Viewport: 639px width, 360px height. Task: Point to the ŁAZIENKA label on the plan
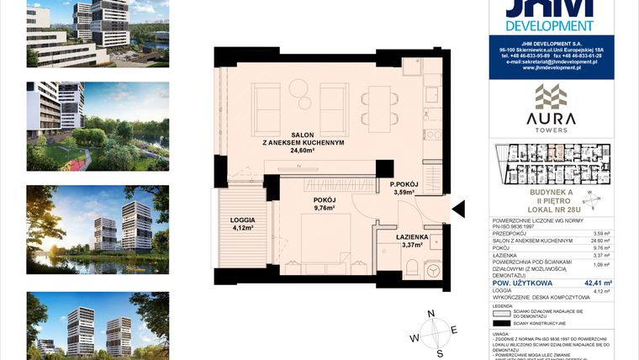[x=414, y=237]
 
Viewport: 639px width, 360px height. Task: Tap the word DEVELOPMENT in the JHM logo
[x=551, y=26]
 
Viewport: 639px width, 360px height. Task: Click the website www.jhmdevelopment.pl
[x=552, y=68]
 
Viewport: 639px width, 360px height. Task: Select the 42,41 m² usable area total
[x=599, y=283]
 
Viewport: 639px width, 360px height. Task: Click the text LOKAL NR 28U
[x=551, y=208]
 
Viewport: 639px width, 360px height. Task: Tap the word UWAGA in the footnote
[x=503, y=332]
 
